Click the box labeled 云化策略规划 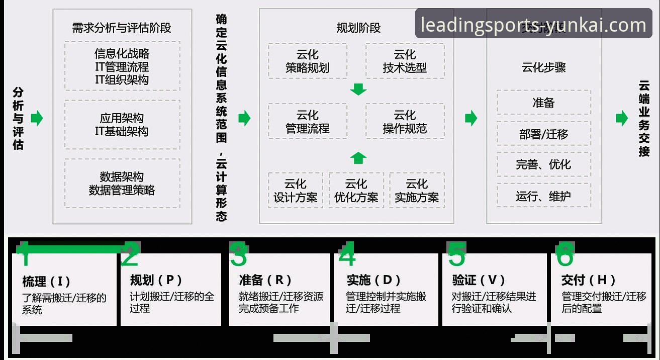[307, 61]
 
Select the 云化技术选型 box [405, 61]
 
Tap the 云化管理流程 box [307, 122]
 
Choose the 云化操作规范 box [405, 122]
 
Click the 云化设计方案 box [295, 191]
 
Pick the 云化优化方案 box [356, 191]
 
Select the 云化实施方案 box [417, 191]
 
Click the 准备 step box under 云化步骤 [543, 103]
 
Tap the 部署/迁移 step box [543, 134]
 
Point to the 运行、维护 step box [543, 196]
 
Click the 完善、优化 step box [543, 164]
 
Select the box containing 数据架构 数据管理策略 [122, 184]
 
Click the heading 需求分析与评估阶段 [122, 28]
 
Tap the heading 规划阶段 [358, 28]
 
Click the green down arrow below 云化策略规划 [358, 90]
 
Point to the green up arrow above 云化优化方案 [358, 158]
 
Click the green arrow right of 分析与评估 [37, 119]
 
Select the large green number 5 [456, 255]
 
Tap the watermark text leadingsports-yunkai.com [533, 25]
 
